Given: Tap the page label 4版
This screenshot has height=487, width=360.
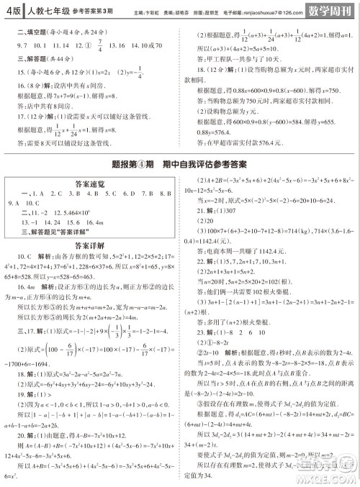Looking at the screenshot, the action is tap(12, 11).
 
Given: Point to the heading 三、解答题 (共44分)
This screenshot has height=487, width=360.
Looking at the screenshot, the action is tap(37, 59).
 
